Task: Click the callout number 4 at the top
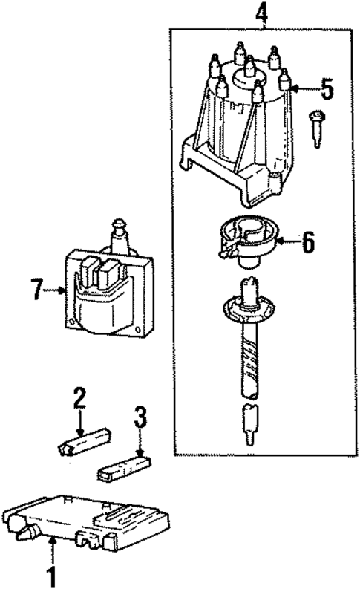pos(261,13)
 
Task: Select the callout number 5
pos(327,90)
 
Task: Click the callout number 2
pos(79,400)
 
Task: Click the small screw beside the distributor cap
pos(318,128)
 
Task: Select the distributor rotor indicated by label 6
pos(248,240)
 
